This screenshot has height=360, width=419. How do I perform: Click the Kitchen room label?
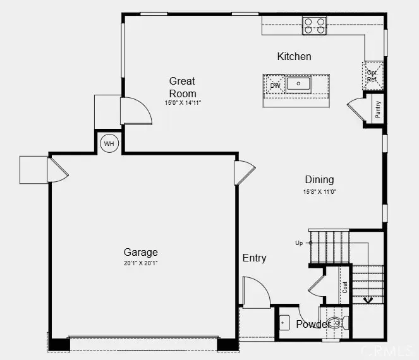point(294,56)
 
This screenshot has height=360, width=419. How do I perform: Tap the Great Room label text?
point(182,87)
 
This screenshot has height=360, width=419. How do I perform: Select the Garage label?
point(140,252)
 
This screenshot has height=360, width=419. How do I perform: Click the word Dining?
point(319,179)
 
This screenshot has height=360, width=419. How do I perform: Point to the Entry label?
point(254,258)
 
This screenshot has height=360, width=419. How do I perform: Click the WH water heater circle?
point(109,144)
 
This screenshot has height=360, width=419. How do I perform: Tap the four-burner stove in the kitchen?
point(314,25)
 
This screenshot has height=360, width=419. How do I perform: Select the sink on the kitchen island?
point(298,83)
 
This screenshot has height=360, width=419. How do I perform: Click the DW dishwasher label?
point(275,85)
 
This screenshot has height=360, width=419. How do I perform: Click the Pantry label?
point(378,109)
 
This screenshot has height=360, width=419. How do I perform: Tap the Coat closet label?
point(345,287)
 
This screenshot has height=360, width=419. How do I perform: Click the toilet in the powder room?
point(334,323)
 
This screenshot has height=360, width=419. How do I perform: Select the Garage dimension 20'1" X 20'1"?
point(140,263)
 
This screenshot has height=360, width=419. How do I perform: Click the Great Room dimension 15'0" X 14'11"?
point(182,103)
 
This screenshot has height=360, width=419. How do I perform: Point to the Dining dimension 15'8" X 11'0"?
point(319,191)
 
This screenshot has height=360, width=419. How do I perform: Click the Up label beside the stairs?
point(299,243)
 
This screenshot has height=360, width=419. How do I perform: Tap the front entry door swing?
point(256,294)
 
